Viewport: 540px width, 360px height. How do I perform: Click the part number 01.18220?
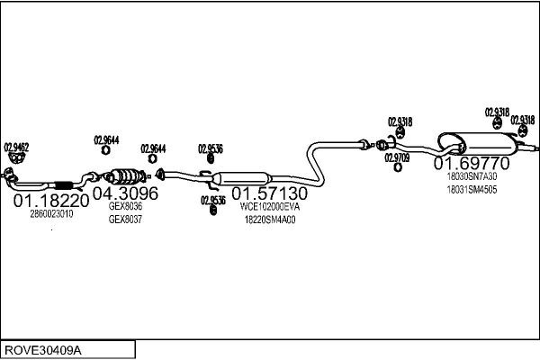51,201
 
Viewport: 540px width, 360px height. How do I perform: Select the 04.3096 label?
125,193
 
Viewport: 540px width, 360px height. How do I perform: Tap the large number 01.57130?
270,193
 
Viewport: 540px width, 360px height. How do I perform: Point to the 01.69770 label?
472,164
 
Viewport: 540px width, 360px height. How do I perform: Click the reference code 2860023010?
51,214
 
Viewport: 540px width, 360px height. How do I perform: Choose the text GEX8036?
125,206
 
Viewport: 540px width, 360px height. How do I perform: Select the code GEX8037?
125,219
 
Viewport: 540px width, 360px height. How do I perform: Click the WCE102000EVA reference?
270,206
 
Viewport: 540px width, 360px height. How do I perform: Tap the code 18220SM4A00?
270,219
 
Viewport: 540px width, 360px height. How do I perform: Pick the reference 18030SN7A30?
472,177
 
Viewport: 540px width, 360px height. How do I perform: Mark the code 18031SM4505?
472,190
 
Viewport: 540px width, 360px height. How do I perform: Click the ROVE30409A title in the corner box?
43,348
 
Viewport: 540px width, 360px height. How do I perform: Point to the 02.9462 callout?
16,146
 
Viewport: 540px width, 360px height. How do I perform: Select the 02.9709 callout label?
397,157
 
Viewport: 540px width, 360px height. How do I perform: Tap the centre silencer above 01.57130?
243,177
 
